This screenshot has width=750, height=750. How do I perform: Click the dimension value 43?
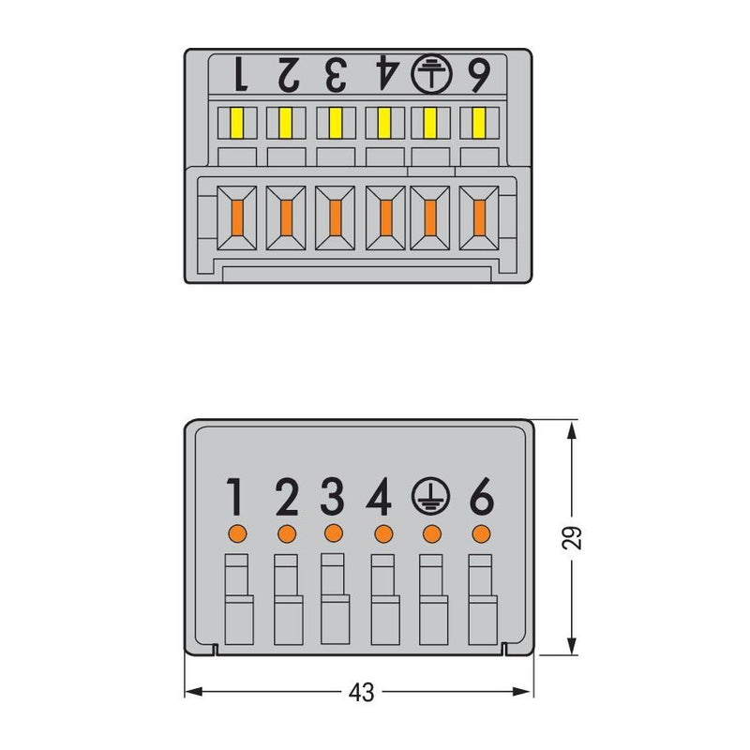[361, 692]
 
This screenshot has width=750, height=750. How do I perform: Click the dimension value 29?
[572, 537]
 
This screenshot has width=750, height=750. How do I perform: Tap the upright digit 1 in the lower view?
[235, 497]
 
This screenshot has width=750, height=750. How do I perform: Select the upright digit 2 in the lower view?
[287, 497]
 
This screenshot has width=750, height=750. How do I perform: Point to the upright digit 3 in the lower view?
[333, 497]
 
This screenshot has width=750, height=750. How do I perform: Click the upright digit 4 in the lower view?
[379, 497]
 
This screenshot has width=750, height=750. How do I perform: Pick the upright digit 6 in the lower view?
[482, 497]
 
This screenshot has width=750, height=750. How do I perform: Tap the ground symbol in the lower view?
[430, 497]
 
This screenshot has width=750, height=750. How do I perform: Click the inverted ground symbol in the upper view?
[431, 74]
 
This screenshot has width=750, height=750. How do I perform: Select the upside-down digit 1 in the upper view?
[241, 74]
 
